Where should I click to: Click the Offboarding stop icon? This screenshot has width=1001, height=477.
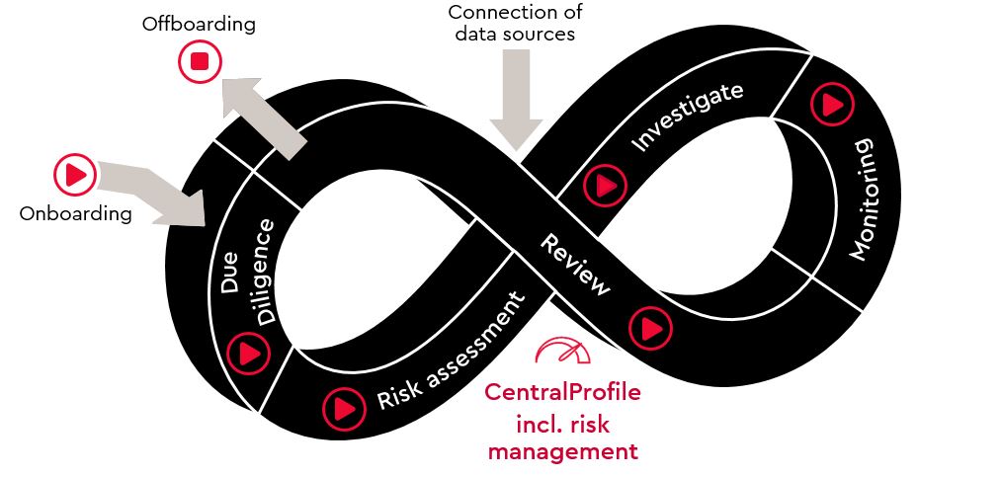tap(200, 62)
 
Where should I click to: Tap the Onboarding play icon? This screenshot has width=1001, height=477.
tap(74, 175)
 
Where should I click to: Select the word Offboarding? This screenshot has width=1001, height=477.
tap(199, 24)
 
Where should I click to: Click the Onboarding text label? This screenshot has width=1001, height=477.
tap(75, 213)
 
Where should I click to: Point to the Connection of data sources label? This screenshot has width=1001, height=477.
tap(515, 22)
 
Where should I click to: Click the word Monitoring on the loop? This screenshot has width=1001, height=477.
tap(861, 199)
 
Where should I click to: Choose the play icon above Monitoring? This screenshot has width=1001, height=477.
tap(831, 103)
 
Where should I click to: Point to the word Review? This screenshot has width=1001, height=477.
tap(574, 264)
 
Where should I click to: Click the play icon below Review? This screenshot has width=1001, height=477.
tap(649, 325)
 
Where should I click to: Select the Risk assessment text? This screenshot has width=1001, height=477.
tap(449, 353)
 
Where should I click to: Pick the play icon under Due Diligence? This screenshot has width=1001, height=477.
tap(248, 352)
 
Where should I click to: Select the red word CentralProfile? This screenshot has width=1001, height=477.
tap(562, 392)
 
